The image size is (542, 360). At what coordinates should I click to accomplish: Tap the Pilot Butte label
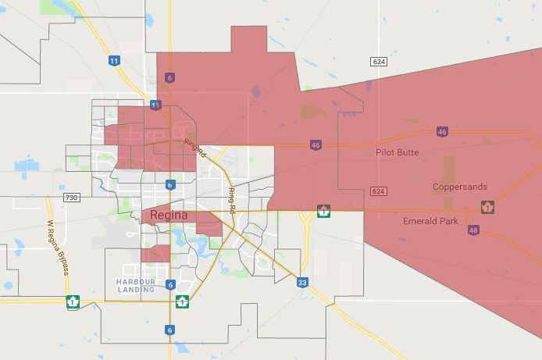point(397,152)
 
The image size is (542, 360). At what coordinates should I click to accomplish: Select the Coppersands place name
point(460,187)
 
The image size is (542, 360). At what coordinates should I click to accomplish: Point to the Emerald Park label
point(430,221)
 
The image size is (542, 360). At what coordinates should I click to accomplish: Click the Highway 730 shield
point(73,198)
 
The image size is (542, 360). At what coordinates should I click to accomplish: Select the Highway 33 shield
point(301,283)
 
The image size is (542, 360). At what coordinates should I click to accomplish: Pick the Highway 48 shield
point(474,230)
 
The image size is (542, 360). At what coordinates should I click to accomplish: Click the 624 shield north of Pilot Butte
point(380,61)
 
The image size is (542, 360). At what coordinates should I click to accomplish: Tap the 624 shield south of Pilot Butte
point(379,191)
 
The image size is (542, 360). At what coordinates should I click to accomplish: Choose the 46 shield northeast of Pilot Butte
point(443,132)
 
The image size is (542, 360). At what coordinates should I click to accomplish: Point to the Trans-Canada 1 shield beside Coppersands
point(488,207)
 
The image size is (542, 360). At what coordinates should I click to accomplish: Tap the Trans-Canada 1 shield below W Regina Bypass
point(73,301)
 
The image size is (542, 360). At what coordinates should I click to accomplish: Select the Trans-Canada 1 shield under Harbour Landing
point(182,301)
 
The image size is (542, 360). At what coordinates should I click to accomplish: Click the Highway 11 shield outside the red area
point(114,60)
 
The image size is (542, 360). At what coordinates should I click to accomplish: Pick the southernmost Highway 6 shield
point(169,330)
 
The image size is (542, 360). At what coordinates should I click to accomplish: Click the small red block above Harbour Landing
point(155,253)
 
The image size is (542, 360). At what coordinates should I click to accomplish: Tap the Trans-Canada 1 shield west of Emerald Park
point(323,211)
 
